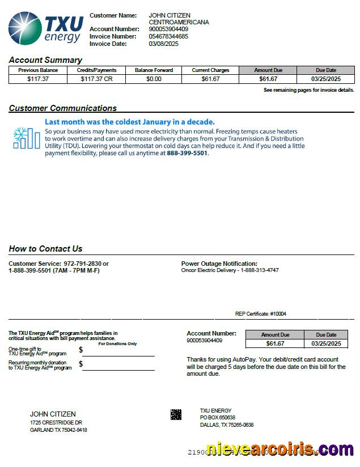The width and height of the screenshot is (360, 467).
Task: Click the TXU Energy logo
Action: click(46, 28)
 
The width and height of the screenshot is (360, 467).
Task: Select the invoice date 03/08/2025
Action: click(163, 44)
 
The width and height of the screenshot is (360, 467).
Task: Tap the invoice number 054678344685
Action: click(168, 36)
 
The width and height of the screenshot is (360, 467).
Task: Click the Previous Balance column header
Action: click(38, 70)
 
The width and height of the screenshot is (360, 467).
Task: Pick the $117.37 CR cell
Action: click(96, 79)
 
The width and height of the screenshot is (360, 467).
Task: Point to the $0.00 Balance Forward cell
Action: click(154, 79)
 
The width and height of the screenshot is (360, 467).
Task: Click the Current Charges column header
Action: click(210, 70)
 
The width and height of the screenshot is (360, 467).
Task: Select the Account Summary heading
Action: click(45, 60)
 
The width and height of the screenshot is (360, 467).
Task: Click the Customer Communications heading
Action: click(62, 108)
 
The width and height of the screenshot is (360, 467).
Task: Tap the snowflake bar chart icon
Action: click(26, 138)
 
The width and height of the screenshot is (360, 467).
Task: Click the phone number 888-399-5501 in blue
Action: click(187, 153)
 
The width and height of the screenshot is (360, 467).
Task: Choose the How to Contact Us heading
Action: click(45, 249)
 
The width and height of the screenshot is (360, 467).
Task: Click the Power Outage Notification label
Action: click(219, 264)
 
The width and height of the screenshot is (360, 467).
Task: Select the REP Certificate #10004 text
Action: click(260, 314)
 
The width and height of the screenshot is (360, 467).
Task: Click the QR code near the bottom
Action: click(176, 414)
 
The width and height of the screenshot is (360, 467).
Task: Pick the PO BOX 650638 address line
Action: click(217, 418)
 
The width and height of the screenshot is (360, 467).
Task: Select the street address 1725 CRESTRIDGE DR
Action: click(56, 423)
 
